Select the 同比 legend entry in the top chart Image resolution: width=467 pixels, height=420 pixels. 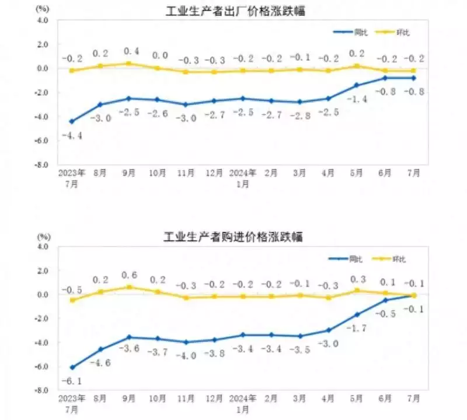[348, 32]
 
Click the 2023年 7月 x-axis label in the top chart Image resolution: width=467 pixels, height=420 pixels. [71, 178]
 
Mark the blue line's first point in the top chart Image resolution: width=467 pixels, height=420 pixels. [71, 122]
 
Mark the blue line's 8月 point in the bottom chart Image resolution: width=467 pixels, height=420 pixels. [100, 349]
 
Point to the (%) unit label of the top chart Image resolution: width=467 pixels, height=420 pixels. [43, 9]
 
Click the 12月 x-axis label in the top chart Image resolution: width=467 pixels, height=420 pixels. [214, 173]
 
